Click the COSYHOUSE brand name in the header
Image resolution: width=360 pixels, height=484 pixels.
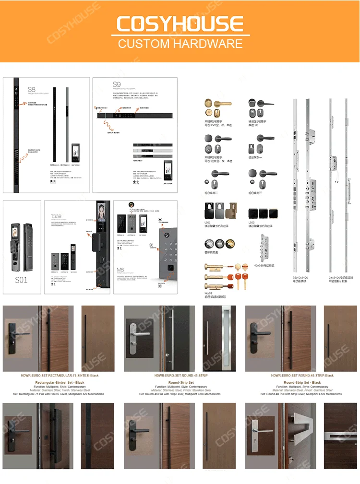tap(180, 24)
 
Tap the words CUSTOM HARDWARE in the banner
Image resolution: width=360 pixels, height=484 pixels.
tap(180, 44)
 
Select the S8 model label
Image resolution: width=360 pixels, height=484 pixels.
tap(31, 89)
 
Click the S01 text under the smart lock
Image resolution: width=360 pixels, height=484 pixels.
tap(21, 280)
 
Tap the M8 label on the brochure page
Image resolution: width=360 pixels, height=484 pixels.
tap(121, 270)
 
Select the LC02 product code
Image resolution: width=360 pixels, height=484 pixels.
tap(252, 223)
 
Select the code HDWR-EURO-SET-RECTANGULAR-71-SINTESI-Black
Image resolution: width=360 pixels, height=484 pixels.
tap(60, 376)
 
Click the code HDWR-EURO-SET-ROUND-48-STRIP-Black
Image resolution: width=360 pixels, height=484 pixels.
tap(302, 376)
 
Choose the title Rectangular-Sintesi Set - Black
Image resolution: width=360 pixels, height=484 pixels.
tap(60, 382)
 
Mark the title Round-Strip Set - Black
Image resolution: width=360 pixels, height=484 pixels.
tap(302, 382)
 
